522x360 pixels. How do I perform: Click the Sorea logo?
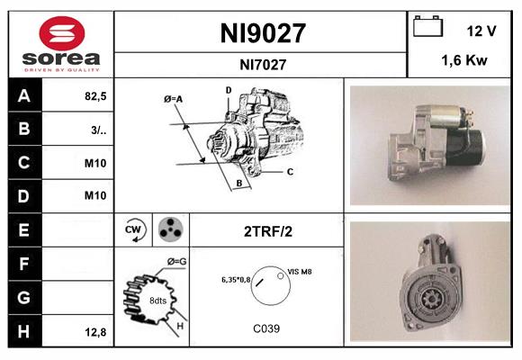61,43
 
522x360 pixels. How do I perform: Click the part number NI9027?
263,34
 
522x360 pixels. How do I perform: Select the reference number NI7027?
263,64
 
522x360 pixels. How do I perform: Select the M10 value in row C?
94,163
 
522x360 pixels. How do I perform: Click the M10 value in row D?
94,195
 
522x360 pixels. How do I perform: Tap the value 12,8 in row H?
94,332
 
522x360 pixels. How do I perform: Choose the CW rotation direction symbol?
134,230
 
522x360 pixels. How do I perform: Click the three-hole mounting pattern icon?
168,230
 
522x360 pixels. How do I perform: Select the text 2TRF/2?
268,231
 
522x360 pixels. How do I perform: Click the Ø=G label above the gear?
176,262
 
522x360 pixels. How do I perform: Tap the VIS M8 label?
300,271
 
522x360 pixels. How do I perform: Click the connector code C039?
266,328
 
